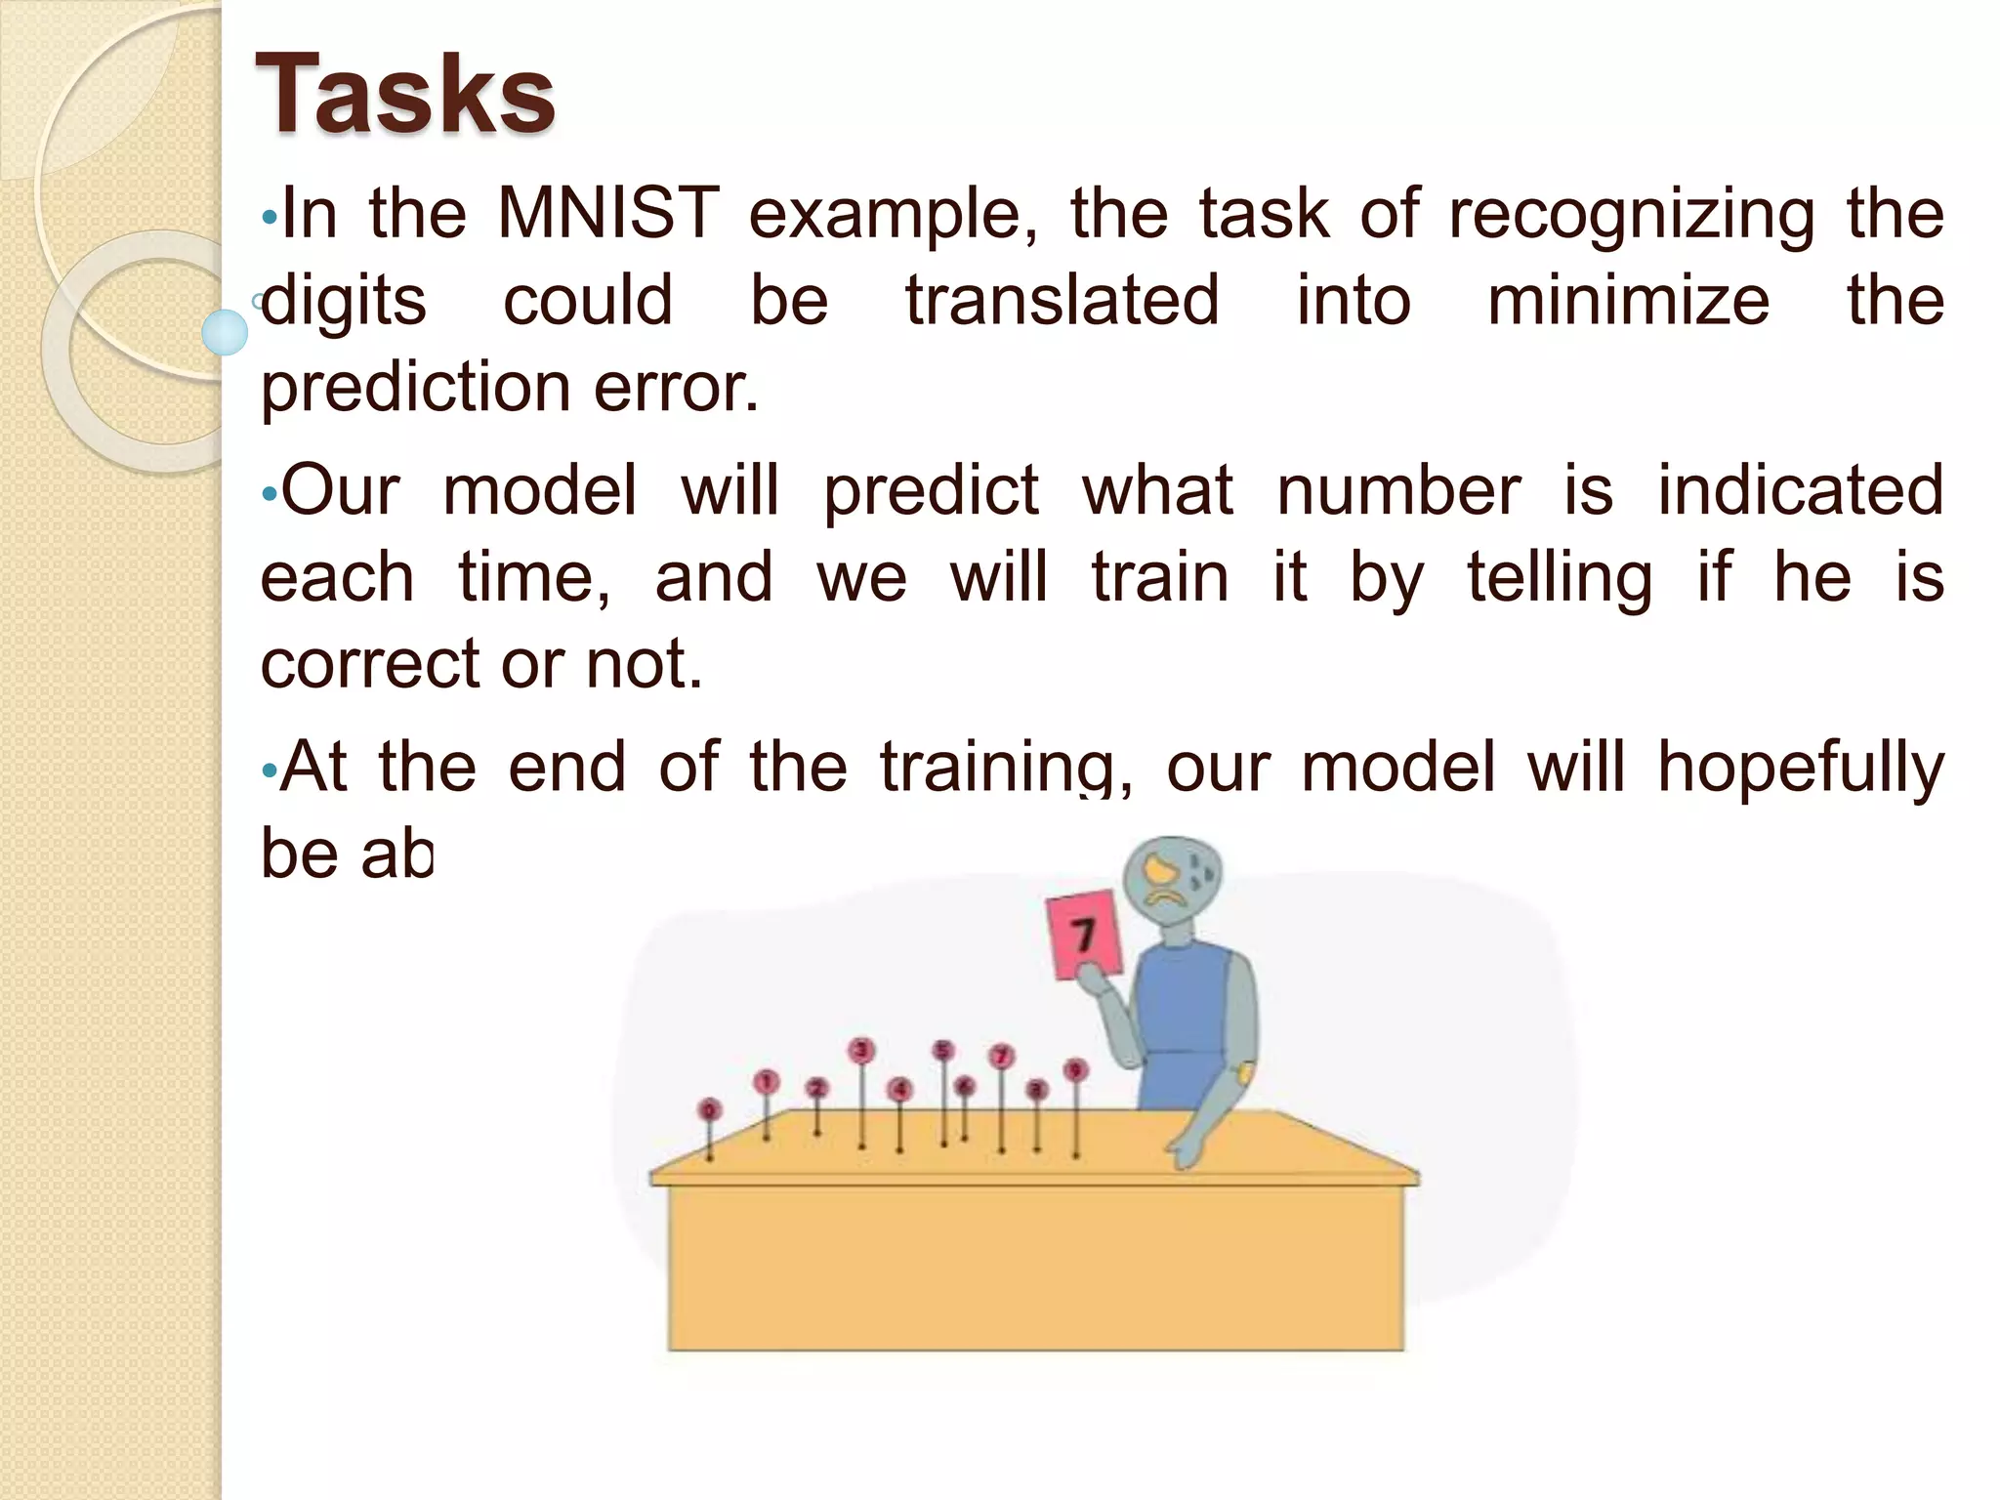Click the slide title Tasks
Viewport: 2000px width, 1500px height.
[x=404, y=95]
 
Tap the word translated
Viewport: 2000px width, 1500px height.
[x=1062, y=300]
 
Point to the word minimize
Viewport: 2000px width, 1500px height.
[x=1628, y=300]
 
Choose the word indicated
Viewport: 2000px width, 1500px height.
[x=1801, y=490]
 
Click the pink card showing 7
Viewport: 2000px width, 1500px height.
[x=1084, y=934]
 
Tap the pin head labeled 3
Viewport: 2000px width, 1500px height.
[x=861, y=1051]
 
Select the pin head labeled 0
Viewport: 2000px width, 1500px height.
[x=709, y=1110]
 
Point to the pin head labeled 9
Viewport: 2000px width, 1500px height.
[x=1075, y=1070]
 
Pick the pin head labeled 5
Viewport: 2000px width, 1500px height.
[x=942, y=1051]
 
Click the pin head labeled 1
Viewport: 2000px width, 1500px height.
[x=767, y=1081]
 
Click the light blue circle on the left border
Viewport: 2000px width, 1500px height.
[x=225, y=331]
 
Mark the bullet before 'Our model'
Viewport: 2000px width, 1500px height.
[x=268, y=494]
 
